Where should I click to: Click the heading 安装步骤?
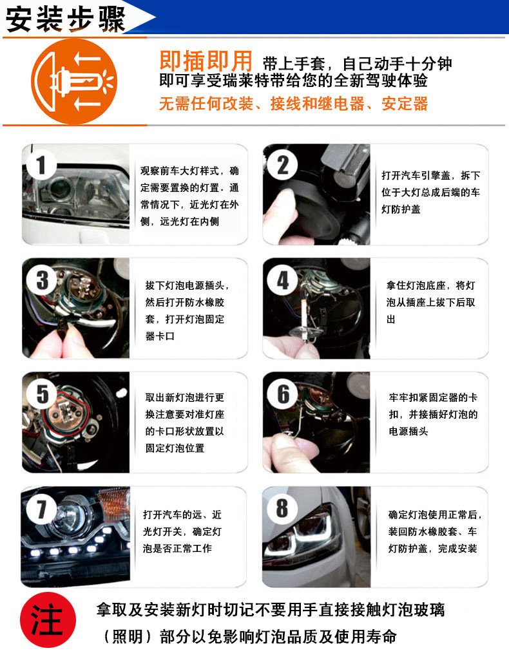click(x=65, y=19)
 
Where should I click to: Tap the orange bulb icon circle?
click(x=74, y=81)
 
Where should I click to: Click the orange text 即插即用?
click(x=206, y=61)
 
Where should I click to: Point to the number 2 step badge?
click(x=283, y=166)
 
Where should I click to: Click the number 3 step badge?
click(x=42, y=280)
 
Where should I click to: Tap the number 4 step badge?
click(x=283, y=280)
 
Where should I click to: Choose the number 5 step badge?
click(x=43, y=394)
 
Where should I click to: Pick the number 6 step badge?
click(x=283, y=394)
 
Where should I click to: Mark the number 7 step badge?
click(x=42, y=509)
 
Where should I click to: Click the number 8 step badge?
click(x=282, y=508)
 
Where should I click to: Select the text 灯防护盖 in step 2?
click(x=401, y=209)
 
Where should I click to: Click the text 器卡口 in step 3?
click(x=160, y=336)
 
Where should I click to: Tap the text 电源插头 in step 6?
click(x=408, y=432)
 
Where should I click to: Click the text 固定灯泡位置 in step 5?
click(x=175, y=448)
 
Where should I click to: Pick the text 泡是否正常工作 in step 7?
click(x=177, y=549)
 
